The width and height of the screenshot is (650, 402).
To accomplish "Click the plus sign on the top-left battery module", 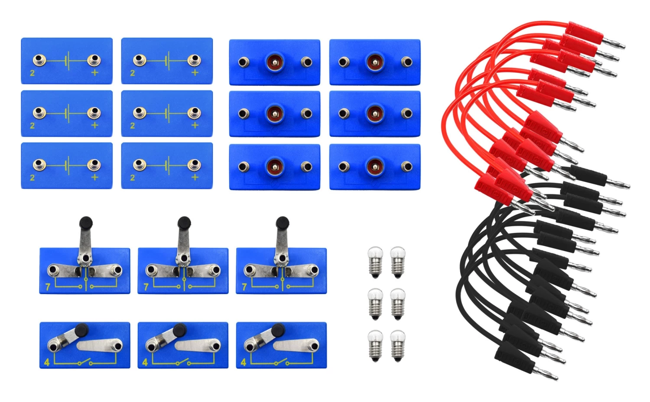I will pyautogui.click(x=94, y=72).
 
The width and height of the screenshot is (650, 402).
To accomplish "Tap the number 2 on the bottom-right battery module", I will pyautogui.click(x=132, y=178).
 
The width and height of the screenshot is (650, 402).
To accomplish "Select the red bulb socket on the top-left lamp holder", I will pyautogui.click(x=274, y=62).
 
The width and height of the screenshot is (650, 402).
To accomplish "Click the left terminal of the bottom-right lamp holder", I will pyautogui.click(x=344, y=166).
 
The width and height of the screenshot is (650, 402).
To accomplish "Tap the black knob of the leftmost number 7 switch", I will pyautogui.click(x=86, y=223).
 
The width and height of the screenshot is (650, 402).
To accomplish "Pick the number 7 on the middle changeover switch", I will pyautogui.click(x=146, y=286).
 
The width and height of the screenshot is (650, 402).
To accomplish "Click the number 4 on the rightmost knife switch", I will pyautogui.click(x=243, y=362).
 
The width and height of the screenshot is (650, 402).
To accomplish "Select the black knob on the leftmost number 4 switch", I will pyautogui.click(x=81, y=330).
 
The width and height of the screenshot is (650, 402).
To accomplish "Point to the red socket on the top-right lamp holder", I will pyautogui.click(x=374, y=62).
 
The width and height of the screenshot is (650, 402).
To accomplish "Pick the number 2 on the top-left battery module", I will pyautogui.click(x=32, y=73).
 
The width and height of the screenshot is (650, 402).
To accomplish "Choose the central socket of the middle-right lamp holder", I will pyautogui.click(x=374, y=114).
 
